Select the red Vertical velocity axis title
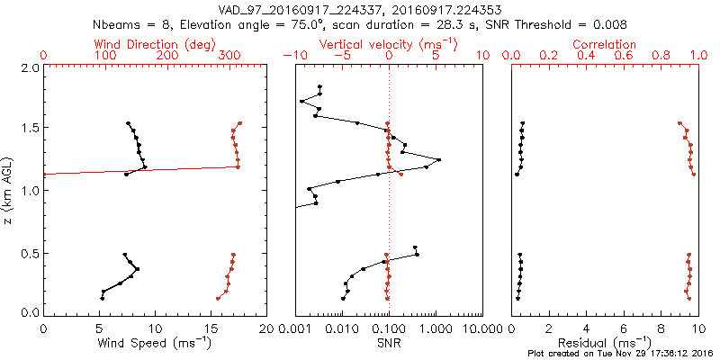click(388, 44)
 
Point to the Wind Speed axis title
click(155, 343)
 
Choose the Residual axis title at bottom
click(605, 343)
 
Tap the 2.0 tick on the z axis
click(29, 67)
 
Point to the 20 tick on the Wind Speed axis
click(266, 328)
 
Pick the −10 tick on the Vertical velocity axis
click(292, 56)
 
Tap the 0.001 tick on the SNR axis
click(295, 328)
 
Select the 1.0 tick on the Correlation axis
click(698, 56)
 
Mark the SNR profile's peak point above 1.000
click(439, 160)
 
